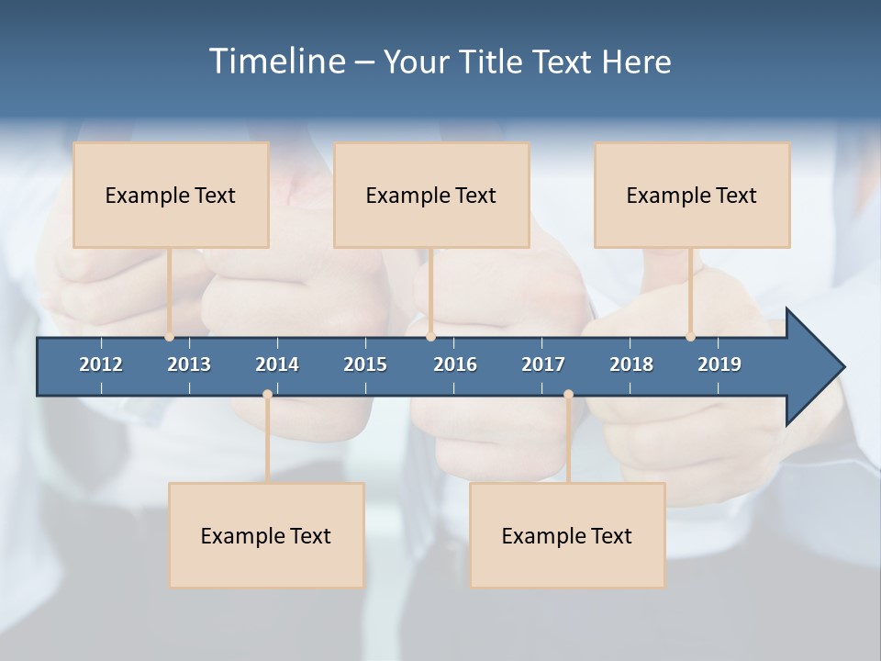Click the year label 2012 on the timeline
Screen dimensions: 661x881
[x=101, y=364]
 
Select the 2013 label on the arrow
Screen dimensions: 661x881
[x=189, y=364]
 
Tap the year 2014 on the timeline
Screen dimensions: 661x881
[x=277, y=364]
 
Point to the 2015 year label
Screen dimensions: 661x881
[x=365, y=364]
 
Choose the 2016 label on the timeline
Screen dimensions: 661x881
[x=455, y=364]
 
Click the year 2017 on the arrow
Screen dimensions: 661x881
[x=543, y=364]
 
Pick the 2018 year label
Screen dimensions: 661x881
[x=631, y=364]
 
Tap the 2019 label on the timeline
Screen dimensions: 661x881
[x=719, y=364]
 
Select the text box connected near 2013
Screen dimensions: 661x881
[x=171, y=195]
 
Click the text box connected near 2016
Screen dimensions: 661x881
[x=431, y=195]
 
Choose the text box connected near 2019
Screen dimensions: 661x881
[x=692, y=195]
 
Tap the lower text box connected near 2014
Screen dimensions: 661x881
[x=266, y=535]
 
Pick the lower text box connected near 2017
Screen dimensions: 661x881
[x=567, y=535]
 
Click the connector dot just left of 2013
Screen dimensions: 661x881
[x=170, y=337]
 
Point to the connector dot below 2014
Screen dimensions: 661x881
[x=267, y=395]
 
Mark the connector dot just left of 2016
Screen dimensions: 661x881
[x=430, y=337]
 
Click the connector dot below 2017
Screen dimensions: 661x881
[x=568, y=395]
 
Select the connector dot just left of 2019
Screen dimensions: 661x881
[x=690, y=337]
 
